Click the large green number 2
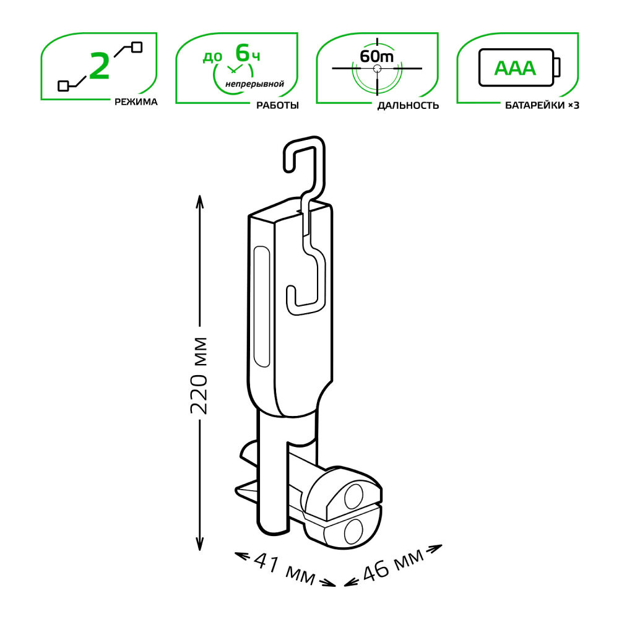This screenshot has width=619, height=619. click(x=100, y=66)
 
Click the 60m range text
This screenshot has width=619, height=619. click(x=376, y=56)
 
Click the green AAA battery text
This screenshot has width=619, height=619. click(x=514, y=67)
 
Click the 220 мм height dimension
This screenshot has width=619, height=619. click(x=199, y=375)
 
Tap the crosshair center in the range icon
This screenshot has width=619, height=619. click(x=376, y=69)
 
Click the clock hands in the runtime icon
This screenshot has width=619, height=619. click(x=235, y=69)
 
